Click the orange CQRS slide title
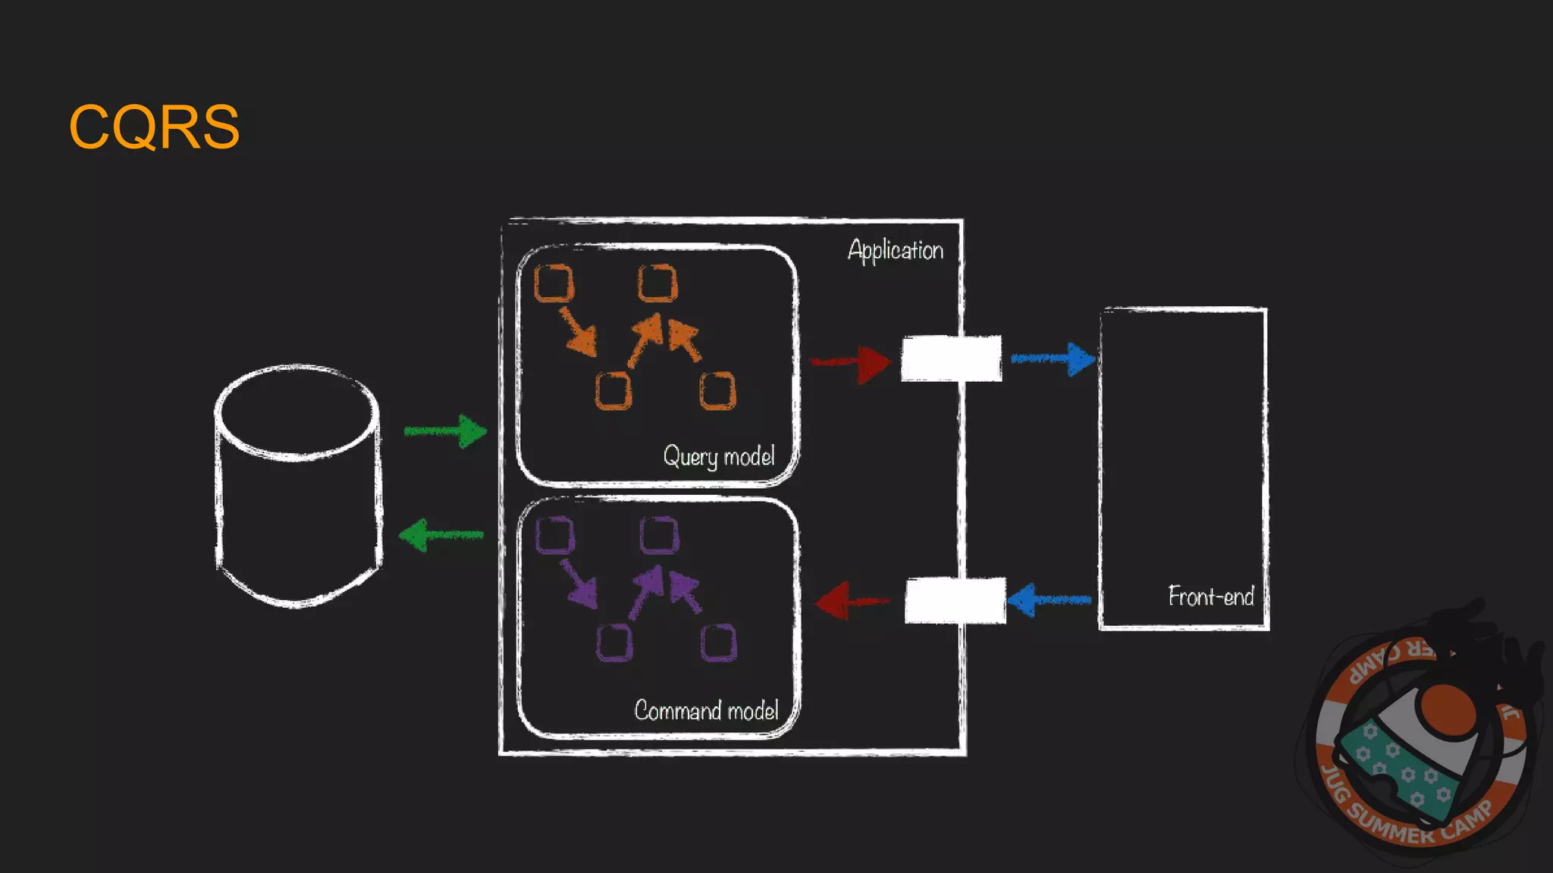(x=155, y=127)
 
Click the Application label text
(x=895, y=250)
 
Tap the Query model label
(x=718, y=456)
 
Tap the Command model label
(x=706, y=710)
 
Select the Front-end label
(x=1210, y=596)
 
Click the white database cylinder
(x=297, y=485)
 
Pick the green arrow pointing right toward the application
(x=446, y=431)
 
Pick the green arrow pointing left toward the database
(x=441, y=535)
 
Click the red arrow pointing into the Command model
(x=852, y=602)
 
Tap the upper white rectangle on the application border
(x=951, y=358)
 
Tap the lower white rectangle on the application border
(x=955, y=600)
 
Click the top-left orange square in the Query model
(x=554, y=283)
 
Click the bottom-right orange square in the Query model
(x=717, y=391)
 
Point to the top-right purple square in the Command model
(x=659, y=536)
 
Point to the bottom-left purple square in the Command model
(x=613, y=643)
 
